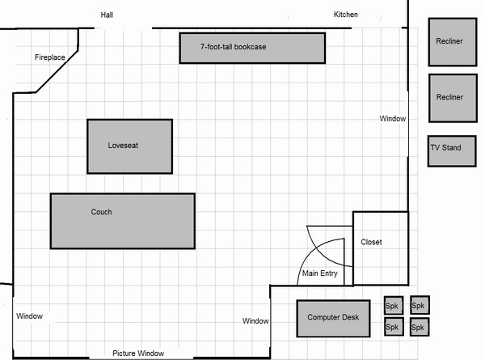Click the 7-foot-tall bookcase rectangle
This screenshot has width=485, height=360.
(x=252, y=49)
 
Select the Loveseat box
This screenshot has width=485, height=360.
(x=130, y=146)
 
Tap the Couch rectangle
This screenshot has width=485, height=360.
(x=123, y=221)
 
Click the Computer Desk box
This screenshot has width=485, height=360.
(x=333, y=318)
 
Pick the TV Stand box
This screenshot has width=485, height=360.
(x=452, y=151)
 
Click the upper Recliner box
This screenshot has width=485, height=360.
(x=453, y=42)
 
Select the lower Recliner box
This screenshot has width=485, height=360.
(x=453, y=98)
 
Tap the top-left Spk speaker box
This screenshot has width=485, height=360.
(x=394, y=306)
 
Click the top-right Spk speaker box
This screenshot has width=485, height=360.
(x=420, y=305)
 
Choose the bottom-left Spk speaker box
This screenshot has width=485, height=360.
(x=394, y=327)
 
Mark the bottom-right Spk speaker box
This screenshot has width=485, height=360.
(x=420, y=327)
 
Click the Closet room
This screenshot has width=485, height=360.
(x=381, y=248)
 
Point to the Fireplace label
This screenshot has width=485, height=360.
(x=50, y=57)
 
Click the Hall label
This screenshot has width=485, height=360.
(x=107, y=15)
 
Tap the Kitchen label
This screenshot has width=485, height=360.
(x=345, y=15)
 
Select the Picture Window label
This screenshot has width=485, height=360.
(x=138, y=354)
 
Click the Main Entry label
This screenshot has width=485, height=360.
(x=320, y=273)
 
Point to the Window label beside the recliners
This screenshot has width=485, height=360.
(x=393, y=119)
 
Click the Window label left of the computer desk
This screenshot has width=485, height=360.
(x=255, y=321)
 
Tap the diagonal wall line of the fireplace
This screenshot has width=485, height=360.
(x=57, y=71)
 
